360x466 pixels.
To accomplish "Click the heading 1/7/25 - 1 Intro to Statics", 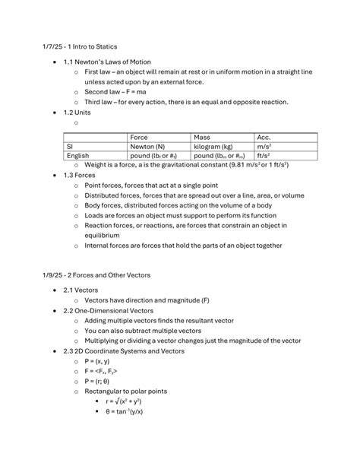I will [79, 47].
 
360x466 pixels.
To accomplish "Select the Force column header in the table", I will [139, 137].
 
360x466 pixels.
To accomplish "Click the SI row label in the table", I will [70, 146].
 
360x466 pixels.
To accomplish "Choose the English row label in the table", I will [77, 155].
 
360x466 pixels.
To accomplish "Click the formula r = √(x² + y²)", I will [131, 400].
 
